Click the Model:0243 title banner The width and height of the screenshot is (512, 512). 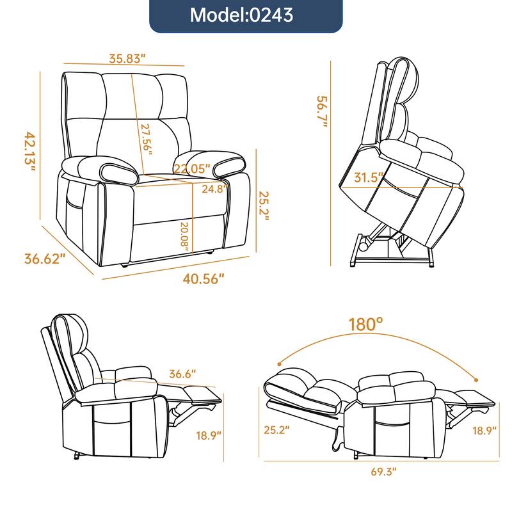tap(246, 15)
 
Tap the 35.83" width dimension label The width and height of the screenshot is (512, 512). tap(127, 58)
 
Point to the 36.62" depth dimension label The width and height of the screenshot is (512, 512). tap(45, 259)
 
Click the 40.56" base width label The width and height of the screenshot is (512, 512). tap(204, 279)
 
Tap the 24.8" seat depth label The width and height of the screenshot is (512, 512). tap(212, 189)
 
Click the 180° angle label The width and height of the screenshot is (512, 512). tap(366, 324)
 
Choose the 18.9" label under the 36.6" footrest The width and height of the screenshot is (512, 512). tap(209, 436)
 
